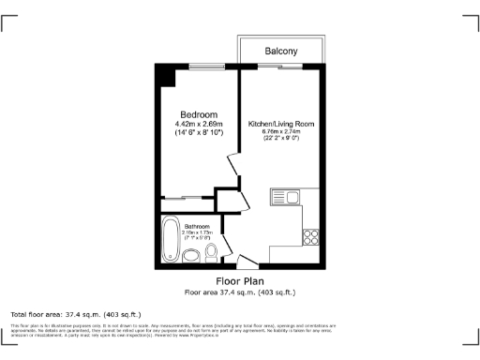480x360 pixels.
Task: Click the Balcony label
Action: [x=281, y=50]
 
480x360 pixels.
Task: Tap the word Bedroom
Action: [x=198, y=114]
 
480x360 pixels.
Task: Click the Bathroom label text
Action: [x=197, y=226]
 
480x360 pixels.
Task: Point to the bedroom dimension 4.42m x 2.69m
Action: [x=198, y=125]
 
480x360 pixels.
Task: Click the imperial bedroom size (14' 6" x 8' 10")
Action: [x=198, y=134]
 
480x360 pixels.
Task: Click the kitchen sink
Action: [x=285, y=197]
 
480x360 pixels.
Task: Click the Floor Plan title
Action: [x=240, y=281]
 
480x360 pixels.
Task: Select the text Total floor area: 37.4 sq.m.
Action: [x=75, y=313]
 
